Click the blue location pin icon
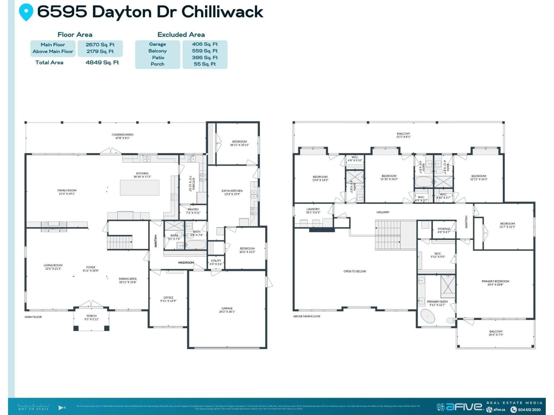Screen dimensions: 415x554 (x=26, y=12)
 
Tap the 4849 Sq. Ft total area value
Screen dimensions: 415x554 (x=102, y=63)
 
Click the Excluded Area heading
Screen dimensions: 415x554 (x=181, y=35)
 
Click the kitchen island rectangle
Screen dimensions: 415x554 (x=140, y=188)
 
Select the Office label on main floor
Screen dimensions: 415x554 (x=168, y=299)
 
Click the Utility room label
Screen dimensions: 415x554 (x=216, y=262)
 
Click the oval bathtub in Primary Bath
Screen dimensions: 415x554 (x=427, y=316)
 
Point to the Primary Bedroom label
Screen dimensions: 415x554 (x=495, y=283)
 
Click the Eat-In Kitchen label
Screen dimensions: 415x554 (x=232, y=192)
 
